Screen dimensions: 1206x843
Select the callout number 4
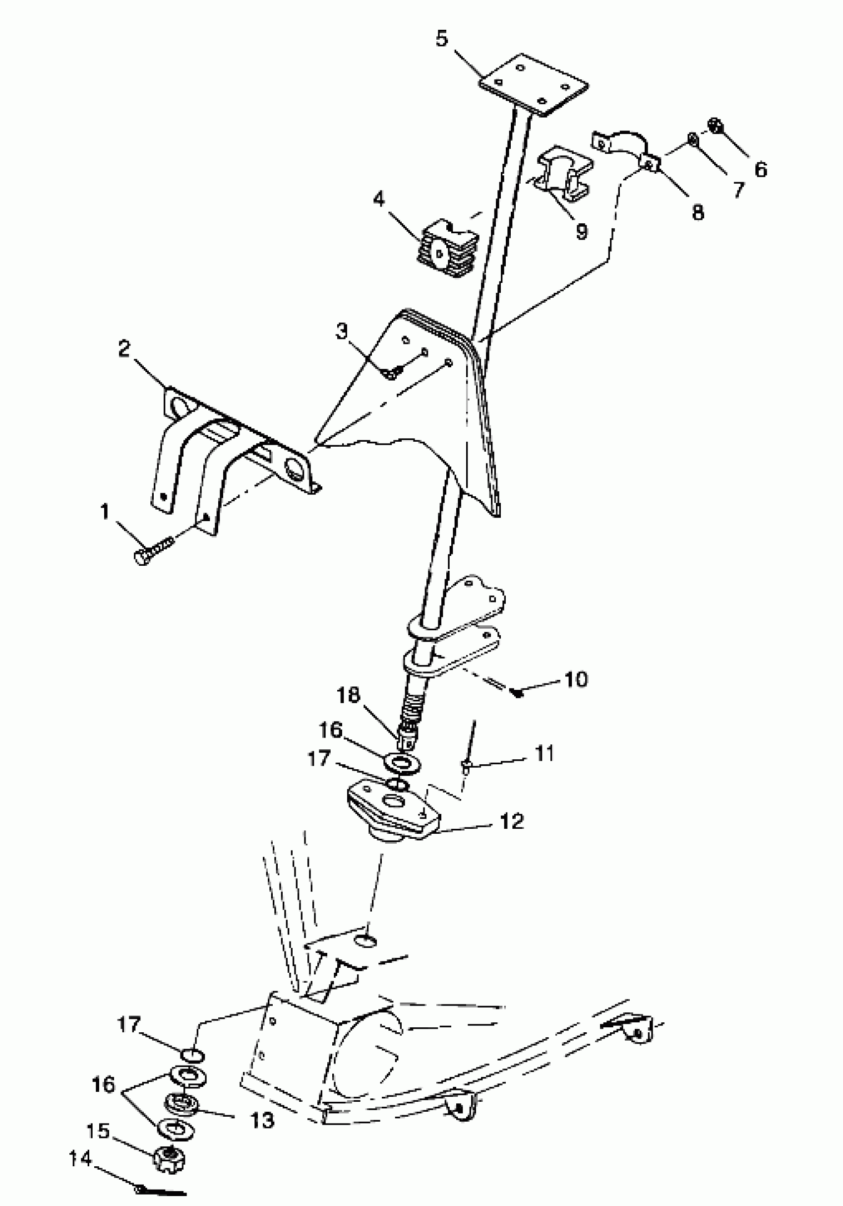[379, 199]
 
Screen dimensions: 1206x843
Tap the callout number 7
[738, 190]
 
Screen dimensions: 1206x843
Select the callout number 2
[124, 348]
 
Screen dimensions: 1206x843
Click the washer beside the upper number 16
[402, 762]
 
